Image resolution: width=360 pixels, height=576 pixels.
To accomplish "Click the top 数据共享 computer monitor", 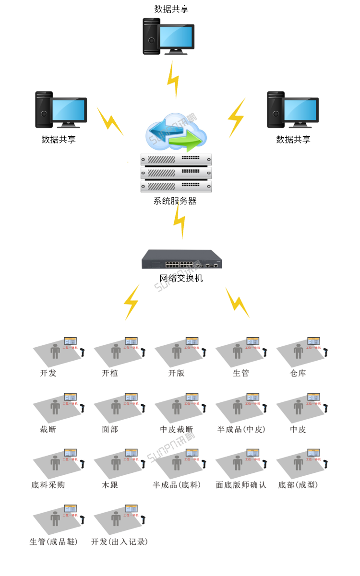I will point(176,36).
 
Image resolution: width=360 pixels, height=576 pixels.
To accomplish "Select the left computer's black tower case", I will point(44,110).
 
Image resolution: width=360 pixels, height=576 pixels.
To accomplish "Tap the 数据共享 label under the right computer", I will point(293,140).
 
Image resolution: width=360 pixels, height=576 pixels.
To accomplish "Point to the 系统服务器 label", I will point(175,201).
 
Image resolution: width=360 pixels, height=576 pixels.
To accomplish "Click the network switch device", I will point(182,260).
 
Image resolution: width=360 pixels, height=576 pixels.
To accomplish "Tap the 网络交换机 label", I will point(181,278).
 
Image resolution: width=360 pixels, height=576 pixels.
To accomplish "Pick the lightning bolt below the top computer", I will point(173,80).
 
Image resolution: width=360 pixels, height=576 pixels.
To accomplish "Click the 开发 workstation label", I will point(48,373).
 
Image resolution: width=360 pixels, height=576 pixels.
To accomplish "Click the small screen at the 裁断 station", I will point(70,397).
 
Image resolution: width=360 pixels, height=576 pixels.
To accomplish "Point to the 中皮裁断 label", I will point(177,429).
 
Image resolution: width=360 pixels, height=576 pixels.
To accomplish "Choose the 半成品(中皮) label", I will point(241,429).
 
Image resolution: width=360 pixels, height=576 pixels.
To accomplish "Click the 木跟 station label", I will point(110,485).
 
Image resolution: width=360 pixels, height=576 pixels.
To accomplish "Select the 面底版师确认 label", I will point(241,485).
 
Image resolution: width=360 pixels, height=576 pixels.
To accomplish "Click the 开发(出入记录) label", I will point(120,541).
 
